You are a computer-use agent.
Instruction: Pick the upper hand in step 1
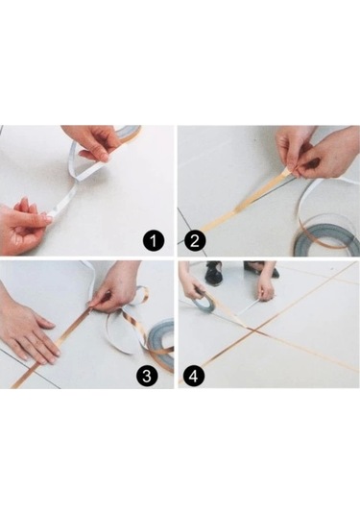point(94,142)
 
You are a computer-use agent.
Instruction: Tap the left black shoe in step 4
point(213,274)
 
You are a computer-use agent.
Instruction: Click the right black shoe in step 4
point(255,270)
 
